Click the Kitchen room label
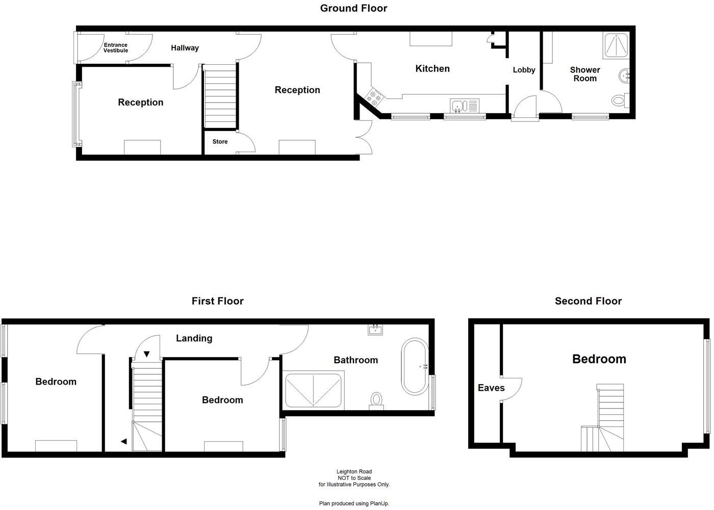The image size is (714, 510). click(x=432, y=68)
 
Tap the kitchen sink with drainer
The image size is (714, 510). click(x=465, y=106)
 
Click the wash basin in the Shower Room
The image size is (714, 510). click(x=624, y=76)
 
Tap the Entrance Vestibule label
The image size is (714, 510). click(x=116, y=48)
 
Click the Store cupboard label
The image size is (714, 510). click(x=220, y=142)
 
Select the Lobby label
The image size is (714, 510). click(x=524, y=70)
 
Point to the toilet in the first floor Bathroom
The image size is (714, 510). click(x=376, y=400)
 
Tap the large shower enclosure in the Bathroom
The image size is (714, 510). click(x=313, y=391)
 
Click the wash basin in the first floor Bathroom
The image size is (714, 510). click(x=375, y=329)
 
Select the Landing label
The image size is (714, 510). click(x=194, y=338)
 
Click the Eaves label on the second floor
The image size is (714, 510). click(x=491, y=388)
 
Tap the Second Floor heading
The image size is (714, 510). click(x=588, y=301)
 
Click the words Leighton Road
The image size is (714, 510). click(x=354, y=472)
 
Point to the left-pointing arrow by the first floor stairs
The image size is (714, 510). click(x=123, y=441)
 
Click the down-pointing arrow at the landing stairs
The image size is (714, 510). click(x=147, y=354)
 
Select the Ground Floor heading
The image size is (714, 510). click(x=353, y=8)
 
